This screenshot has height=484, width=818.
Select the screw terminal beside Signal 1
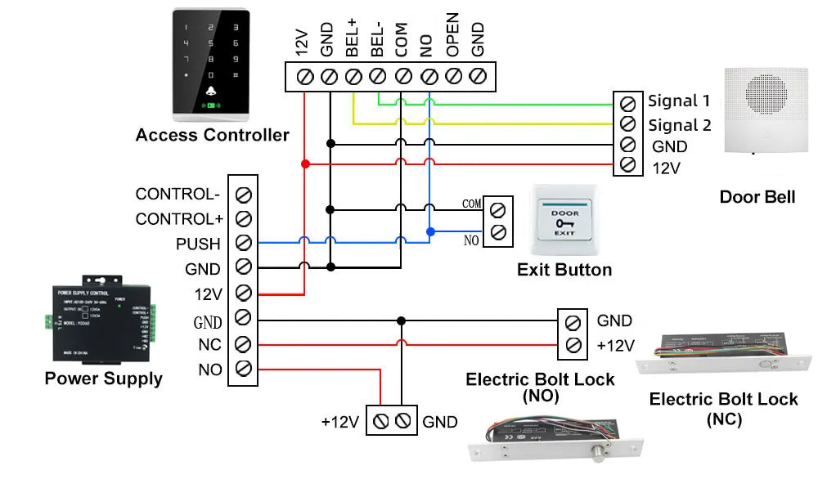click(627, 103)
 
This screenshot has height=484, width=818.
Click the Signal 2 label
click(679, 125)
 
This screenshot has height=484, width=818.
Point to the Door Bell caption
click(757, 197)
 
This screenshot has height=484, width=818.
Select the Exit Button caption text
click(564, 270)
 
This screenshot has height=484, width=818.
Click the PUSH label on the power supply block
click(198, 244)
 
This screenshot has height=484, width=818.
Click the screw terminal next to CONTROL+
click(243, 219)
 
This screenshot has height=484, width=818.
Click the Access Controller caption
click(212, 135)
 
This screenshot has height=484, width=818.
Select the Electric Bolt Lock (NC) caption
click(723, 409)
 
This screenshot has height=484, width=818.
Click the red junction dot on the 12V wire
click(305, 164)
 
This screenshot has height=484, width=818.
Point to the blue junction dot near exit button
click(430, 231)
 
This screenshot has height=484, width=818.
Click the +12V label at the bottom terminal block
click(339, 422)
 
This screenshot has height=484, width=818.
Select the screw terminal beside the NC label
click(243, 343)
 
